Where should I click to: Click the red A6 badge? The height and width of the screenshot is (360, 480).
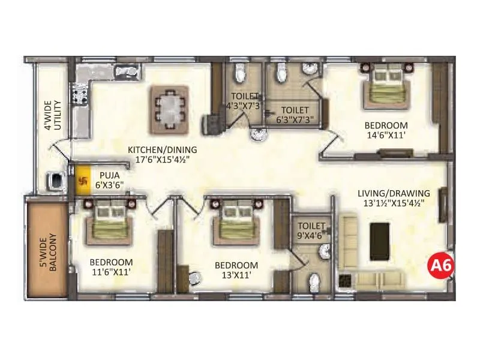[x=440, y=265]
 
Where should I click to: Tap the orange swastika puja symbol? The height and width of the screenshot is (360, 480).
[x=82, y=178]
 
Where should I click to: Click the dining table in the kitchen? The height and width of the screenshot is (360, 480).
[x=169, y=108]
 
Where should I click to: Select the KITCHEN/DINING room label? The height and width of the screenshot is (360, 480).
[x=162, y=150]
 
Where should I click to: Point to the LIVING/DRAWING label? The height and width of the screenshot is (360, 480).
[x=394, y=193]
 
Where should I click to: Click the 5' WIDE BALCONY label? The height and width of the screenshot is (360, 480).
[x=48, y=252]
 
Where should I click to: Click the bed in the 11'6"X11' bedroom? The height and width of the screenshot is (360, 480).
[x=110, y=221]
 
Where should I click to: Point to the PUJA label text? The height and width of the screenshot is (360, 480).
[x=109, y=176]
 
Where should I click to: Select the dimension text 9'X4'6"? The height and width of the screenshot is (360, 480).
[x=311, y=236]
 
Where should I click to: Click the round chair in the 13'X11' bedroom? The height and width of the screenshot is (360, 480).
[x=193, y=278]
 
